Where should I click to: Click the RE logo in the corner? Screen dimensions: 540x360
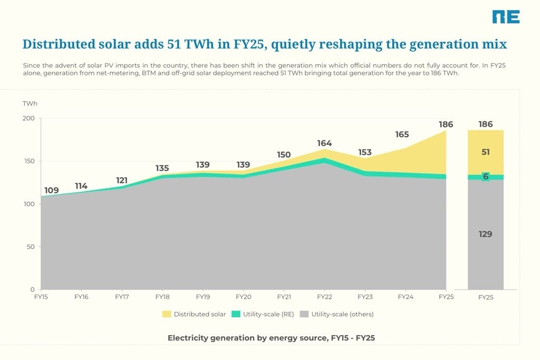tap(506, 17)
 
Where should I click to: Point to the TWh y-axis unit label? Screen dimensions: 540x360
tap(30, 104)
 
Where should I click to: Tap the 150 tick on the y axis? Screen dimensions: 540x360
tap(30, 161)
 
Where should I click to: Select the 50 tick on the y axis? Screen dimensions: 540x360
tap(31, 247)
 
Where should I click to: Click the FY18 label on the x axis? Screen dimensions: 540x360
tap(162, 297)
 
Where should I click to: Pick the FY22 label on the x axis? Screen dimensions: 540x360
tap(324, 297)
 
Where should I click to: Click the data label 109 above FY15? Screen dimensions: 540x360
tap(51, 190)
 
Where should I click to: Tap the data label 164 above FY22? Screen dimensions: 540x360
tap(324, 143)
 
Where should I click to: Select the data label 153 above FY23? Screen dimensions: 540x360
tap(365, 152)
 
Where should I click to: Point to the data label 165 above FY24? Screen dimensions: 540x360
tap(402, 134)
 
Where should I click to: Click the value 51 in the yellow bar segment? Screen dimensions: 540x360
tap(486, 152)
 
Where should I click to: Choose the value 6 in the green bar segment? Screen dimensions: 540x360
tap(486, 177)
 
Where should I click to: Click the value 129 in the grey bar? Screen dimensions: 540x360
tap(485, 234)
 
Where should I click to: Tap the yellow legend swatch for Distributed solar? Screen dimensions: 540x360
tap(167, 314)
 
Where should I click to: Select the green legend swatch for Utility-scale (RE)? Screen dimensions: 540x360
tap(236, 314)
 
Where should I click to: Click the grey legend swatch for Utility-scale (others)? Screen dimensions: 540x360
tap(304, 314)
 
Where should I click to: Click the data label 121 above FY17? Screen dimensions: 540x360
tap(122, 180)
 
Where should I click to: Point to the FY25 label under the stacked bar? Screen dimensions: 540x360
tap(486, 297)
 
